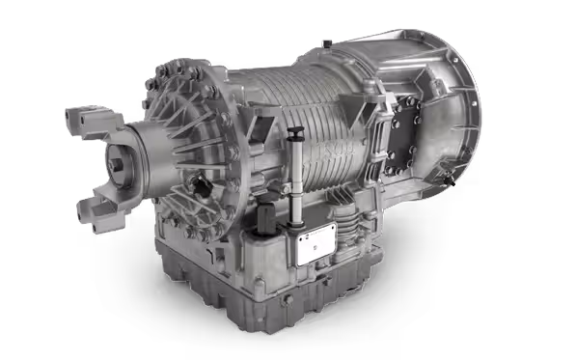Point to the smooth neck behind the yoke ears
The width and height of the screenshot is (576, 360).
coord(150,154)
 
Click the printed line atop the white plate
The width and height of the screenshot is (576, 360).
coord(315,233)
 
